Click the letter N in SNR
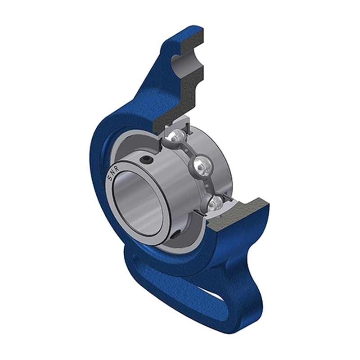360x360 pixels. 113,175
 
